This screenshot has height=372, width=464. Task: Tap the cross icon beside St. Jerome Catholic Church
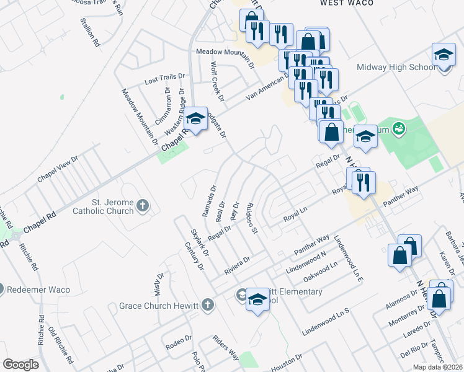(x=143, y=206)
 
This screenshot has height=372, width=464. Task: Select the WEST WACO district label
(x=347, y=3)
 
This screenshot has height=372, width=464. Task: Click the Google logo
(x=20, y=365)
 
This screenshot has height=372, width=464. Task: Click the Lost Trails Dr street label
(x=164, y=79)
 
